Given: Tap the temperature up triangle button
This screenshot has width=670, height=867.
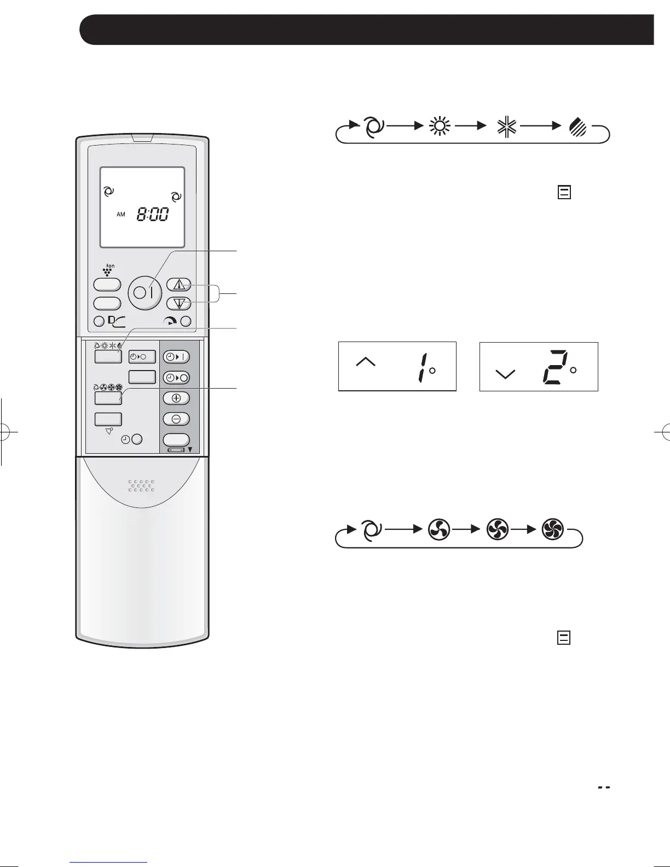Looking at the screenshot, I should (x=178, y=285).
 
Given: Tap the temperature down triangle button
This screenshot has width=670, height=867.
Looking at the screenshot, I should (x=178, y=303).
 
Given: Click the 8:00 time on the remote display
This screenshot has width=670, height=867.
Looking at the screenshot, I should (x=152, y=215).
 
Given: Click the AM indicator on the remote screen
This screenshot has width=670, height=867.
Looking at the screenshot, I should (x=121, y=215).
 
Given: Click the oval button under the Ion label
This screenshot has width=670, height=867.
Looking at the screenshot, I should (x=107, y=285).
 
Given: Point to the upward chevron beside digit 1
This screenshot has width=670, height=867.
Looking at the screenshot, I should (x=366, y=361).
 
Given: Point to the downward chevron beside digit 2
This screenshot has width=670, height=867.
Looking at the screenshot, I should (x=505, y=374).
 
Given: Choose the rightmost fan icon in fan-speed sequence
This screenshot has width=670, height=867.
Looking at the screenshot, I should (x=552, y=530).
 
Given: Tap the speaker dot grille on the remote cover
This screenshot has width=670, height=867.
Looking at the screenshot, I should (x=141, y=485).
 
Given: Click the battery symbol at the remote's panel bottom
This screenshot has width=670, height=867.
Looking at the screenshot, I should (x=176, y=450).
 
